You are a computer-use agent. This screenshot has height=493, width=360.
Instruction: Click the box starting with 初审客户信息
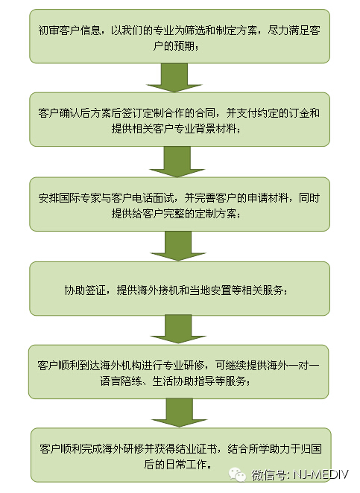180,36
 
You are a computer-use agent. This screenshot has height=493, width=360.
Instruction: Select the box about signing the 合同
180,119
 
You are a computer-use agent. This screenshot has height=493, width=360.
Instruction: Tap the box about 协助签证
180,289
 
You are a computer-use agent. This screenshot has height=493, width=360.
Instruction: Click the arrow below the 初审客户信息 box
174,77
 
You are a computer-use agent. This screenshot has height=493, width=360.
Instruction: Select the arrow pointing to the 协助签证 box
178,246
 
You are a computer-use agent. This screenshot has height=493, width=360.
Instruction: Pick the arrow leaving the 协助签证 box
178,330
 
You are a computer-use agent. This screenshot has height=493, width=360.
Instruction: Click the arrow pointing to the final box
179,413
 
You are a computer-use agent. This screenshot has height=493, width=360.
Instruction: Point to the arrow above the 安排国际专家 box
177,162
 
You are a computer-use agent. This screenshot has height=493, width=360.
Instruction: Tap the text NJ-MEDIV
320,474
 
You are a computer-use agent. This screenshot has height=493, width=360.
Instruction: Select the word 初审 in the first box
48,31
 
